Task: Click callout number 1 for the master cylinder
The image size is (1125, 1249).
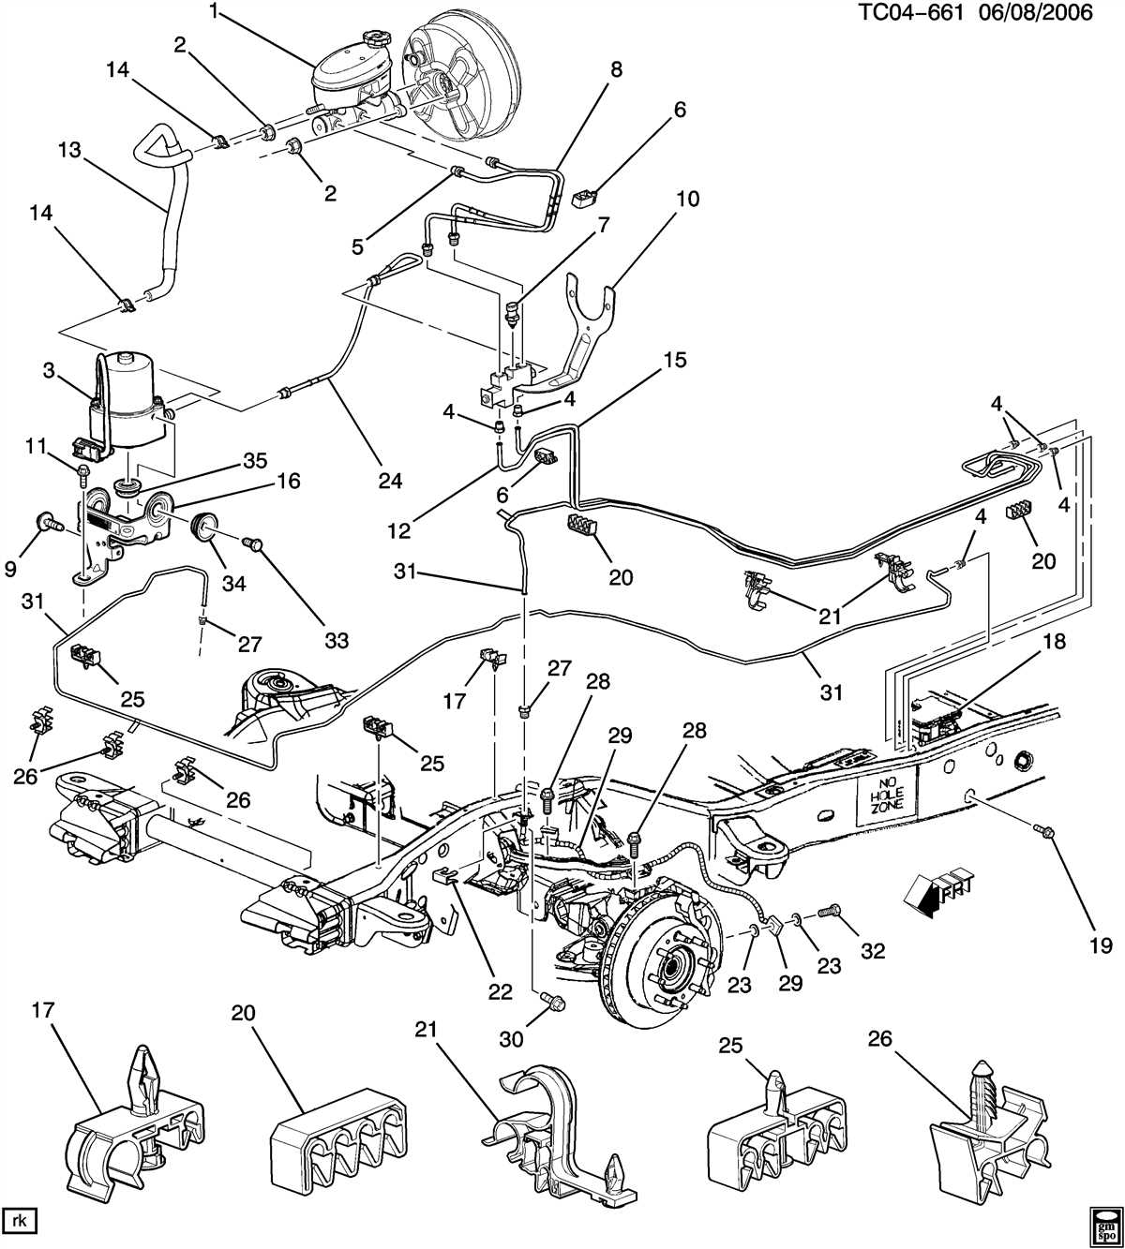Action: tap(214, 12)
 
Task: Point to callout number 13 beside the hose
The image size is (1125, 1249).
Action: tap(69, 150)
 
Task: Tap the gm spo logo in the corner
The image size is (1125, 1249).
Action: tap(1102, 1225)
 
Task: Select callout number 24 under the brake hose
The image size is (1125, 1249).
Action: tap(390, 481)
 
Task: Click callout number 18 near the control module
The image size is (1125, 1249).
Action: tap(1054, 643)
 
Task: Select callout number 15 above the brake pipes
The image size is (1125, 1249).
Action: tap(675, 360)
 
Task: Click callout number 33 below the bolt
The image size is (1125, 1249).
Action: tap(336, 641)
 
